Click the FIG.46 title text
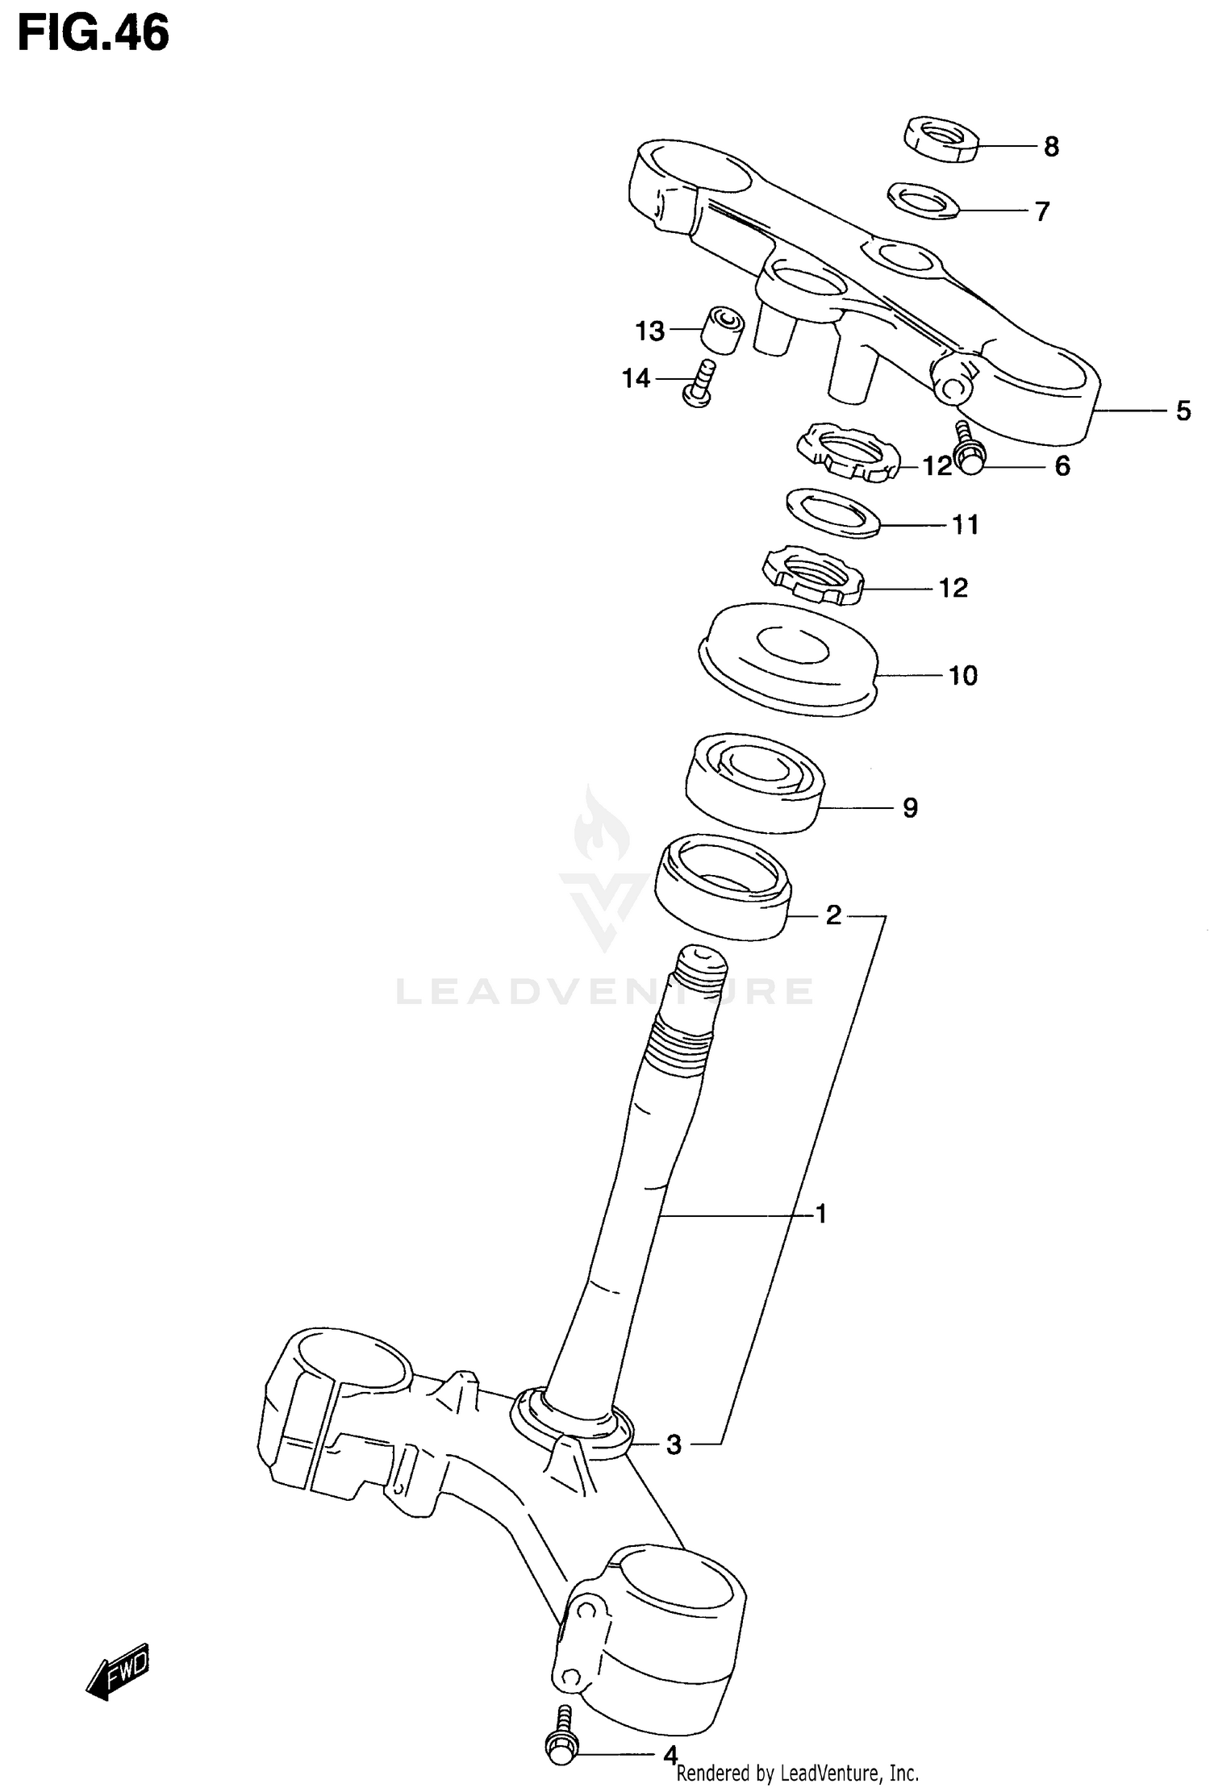coord(94,35)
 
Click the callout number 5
coord(1183,411)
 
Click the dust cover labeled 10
coord(786,657)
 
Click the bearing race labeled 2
coord(722,886)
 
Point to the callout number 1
coord(820,1236)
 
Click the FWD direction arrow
coord(118,1669)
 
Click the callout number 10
coord(963,675)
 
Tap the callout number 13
coord(649,331)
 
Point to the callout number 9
coord(910,807)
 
